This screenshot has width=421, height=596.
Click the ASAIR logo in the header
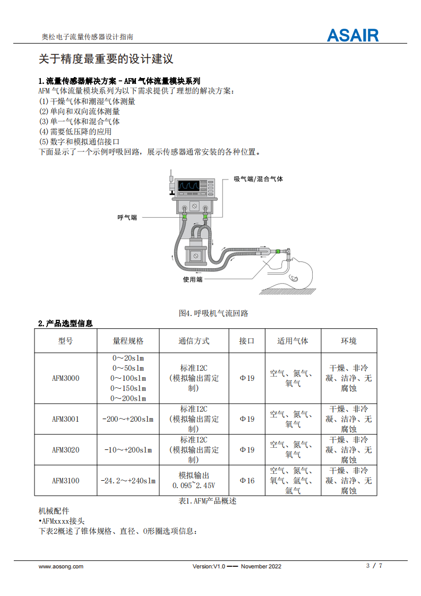click(x=353, y=36)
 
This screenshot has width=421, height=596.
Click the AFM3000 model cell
click(x=66, y=378)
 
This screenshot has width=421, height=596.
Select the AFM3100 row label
click(x=66, y=480)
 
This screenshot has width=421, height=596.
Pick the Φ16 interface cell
click(x=247, y=480)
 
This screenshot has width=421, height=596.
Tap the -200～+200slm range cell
click(x=128, y=419)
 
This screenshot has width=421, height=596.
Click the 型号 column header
click(x=65, y=341)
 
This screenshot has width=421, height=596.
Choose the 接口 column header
click(x=246, y=341)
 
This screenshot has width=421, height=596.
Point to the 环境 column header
click(x=349, y=341)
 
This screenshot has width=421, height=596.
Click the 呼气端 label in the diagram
click(x=127, y=217)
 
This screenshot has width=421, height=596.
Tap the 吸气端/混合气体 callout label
click(x=259, y=178)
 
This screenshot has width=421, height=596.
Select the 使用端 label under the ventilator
click(x=193, y=279)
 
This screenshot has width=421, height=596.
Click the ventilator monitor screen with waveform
click(x=189, y=185)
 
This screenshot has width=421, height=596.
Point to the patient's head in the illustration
click(x=300, y=272)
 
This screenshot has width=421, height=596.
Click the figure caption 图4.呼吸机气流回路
click(x=213, y=313)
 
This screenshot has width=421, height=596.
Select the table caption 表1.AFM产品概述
click(x=208, y=501)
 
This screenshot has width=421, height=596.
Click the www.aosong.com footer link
click(x=61, y=566)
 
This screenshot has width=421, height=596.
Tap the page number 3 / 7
click(x=374, y=566)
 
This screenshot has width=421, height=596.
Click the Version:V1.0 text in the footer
click(x=209, y=566)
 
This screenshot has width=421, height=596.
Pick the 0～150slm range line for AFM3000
click(x=128, y=388)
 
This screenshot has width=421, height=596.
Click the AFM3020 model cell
click(x=66, y=450)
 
